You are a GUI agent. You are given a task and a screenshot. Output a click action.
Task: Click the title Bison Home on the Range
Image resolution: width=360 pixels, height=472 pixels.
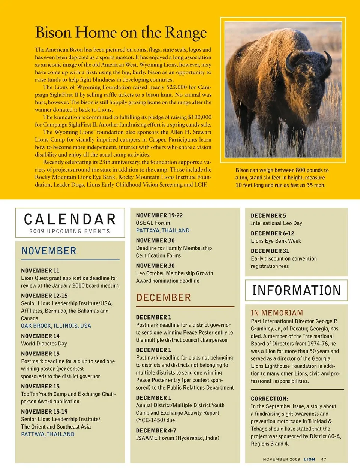121,33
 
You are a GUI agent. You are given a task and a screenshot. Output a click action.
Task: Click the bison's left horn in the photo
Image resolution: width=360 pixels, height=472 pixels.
328,60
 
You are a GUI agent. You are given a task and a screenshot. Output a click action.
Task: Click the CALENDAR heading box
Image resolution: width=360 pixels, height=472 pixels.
70,223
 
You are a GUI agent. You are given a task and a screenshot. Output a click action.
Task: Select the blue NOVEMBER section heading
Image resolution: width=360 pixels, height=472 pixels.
49,251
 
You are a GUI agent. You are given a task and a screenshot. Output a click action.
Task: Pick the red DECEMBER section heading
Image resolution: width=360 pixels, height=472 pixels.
163,298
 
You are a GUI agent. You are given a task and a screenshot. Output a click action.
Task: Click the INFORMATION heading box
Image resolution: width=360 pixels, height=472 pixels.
296,290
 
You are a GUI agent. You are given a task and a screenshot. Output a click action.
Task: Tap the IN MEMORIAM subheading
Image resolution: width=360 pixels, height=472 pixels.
277,313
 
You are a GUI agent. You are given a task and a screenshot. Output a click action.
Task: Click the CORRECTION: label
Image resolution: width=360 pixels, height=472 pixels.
269,399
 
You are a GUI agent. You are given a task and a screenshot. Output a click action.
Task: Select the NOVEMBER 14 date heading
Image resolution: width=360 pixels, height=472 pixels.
40,336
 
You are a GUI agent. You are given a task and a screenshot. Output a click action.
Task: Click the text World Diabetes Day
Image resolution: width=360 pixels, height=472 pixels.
44,344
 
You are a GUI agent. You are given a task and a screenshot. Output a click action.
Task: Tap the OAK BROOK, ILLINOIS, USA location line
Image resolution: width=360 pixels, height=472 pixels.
56,326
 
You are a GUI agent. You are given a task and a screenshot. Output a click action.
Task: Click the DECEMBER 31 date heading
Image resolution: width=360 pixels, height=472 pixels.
270,251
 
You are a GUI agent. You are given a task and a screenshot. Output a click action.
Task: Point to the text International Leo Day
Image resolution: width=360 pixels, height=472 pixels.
276,223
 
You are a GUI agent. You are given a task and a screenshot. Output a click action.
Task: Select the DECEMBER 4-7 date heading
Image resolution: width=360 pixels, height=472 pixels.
156,430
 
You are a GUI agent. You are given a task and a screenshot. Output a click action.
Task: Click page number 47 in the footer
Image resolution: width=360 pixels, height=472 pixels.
324,459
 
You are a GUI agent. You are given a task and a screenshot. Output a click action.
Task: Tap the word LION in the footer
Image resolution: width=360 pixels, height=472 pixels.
309,459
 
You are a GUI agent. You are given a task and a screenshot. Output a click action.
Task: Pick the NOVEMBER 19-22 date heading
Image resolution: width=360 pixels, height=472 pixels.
159,215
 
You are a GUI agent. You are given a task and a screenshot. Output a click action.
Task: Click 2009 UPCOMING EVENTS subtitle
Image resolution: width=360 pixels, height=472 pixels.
70,231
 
